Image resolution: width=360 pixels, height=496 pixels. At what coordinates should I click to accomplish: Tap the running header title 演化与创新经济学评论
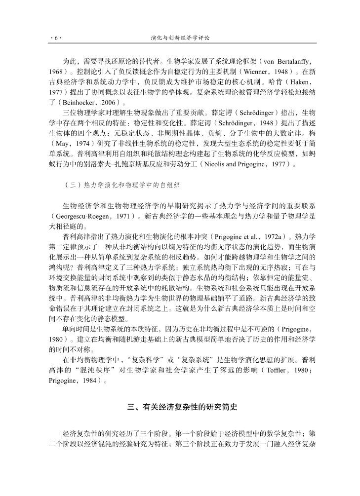click(180, 38)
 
